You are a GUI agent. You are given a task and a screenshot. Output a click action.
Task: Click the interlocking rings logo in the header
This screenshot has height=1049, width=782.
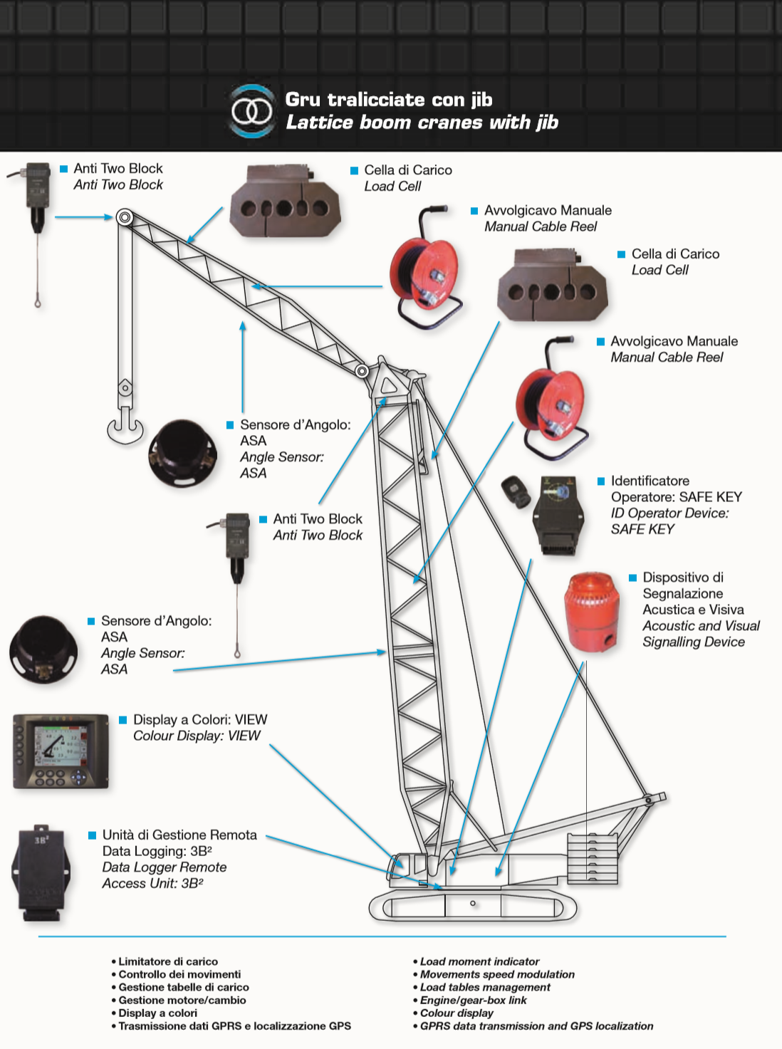tap(251, 111)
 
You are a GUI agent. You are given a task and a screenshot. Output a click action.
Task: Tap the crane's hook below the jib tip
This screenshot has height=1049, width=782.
tap(125, 424)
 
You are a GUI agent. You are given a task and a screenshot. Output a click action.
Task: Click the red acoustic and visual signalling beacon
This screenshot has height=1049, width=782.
tap(590, 611)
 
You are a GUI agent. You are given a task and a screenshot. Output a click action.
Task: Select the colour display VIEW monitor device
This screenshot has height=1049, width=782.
tap(61, 751)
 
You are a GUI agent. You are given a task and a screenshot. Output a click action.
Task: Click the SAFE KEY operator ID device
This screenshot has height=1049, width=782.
tap(558, 515)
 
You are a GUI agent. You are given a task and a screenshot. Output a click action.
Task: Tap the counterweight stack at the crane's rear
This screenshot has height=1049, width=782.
tap(592, 858)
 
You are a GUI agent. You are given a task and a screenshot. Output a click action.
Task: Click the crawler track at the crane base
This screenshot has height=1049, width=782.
tap(473, 904)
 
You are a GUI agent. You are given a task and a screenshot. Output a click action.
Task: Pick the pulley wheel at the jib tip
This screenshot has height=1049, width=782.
tap(125, 217)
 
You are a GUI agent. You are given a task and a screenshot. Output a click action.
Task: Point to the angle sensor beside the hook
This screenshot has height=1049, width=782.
tap(183, 452)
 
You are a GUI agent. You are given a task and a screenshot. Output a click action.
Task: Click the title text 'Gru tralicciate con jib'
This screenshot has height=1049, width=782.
tap(389, 100)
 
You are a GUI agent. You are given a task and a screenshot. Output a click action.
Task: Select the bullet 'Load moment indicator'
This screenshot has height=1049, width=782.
tap(479, 961)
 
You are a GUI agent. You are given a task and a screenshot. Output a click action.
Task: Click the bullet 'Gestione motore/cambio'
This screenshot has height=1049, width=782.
tap(182, 1000)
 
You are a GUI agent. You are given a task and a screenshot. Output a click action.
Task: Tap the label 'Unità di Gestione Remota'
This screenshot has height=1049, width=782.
tap(179, 835)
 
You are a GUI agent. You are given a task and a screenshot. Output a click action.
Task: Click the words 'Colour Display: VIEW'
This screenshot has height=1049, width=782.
tap(197, 736)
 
